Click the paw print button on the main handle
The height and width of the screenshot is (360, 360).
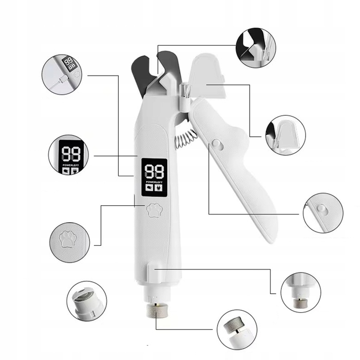[154, 210]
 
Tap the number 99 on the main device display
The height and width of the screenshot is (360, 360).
[154, 171]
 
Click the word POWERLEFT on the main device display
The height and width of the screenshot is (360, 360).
[154, 182]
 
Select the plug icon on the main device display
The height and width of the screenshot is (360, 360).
[158, 188]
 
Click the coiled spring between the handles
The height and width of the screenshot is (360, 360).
[186, 139]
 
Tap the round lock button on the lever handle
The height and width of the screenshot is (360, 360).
[217, 144]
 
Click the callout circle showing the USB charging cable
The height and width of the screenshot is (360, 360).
[62, 75]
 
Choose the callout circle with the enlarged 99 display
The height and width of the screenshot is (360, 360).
[68, 154]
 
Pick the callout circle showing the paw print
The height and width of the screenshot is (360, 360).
[69, 242]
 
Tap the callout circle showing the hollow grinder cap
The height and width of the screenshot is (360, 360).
[87, 301]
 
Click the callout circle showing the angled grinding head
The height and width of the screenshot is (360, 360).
[237, 330]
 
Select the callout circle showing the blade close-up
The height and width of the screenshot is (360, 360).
[256, 48]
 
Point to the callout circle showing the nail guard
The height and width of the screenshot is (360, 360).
[285, 135]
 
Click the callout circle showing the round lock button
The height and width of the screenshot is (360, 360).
[323, 213]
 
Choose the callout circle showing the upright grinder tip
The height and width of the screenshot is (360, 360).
[301, 293]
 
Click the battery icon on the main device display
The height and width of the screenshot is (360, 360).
[150, 188]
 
